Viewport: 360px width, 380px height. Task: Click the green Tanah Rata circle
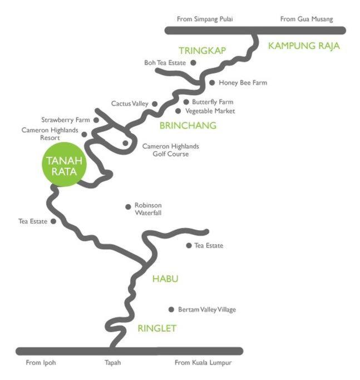pyautogui.click(x=64, y=165)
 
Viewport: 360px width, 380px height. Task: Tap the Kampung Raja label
pyautogui.click(x=304, y=46)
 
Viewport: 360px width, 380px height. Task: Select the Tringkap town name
pyautogui.click(x=203, y=51)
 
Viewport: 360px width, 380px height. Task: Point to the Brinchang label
pyautogui.click(x=188, y=125)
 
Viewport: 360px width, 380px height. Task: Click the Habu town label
pyautogui.click(x=165, y=279)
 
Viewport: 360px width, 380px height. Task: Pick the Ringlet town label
pyautogui.click(x=157, y=328)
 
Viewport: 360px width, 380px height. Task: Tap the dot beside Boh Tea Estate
pyautogui.click(x=193, y=63)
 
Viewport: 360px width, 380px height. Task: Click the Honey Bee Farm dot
pyautogui.click(x=212, y=83)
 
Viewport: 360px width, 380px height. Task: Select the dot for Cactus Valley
pyautogui.click(x=155, y=103)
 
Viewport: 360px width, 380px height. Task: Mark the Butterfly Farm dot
pyautogui.click(x=186, y=102)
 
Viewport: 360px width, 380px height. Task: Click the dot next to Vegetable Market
pyautogui.click(x=178, y=111)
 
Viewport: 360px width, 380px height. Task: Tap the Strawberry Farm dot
pyautogui.click(x=96, y=120)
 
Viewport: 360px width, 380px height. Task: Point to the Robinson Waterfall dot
pyautogui.click(x=128, y=207)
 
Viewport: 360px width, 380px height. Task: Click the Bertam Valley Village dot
pyautogui.click(x=171, y=309)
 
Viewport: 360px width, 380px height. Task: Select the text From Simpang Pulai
pyautogui.click(x=205, y=19)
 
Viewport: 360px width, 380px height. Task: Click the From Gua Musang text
pyautogui.click(x=307, y=19)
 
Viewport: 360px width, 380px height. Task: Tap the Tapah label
pyautogui.click(x=113, y=363)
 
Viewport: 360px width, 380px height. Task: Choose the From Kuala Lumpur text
pyautogui.click(x=203, y=363)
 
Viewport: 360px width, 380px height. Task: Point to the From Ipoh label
pyautogui.click(x=41, y=363)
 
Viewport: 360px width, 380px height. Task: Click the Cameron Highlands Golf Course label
pyautogui.click(x=171, y=150)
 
